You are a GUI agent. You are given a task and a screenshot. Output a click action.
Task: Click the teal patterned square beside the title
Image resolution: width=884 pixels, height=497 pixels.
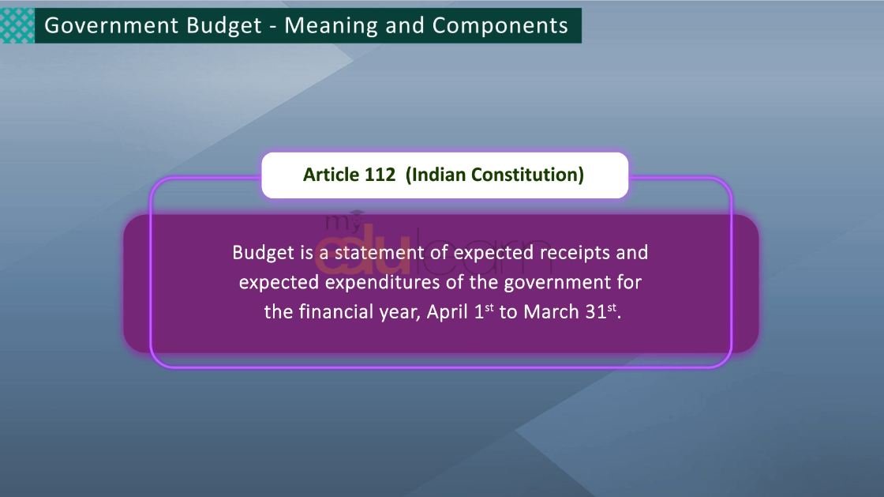coord(17,25)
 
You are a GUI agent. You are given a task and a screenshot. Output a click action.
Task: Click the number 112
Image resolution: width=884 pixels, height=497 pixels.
coord(380,175)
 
